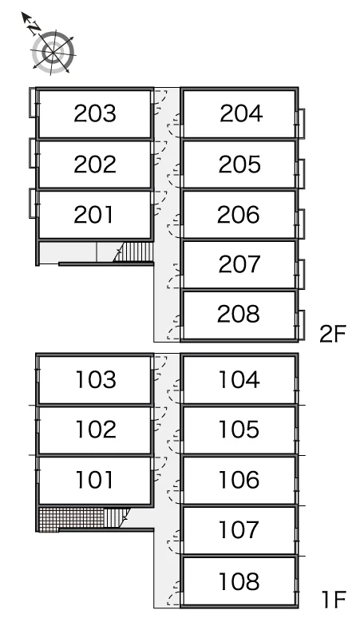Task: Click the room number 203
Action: (95, 113)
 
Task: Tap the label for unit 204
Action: (241, 113)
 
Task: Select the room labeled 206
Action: (239, 215)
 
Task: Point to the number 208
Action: (239, 314)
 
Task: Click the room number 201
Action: (93, 215)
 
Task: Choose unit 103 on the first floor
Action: (96, 379)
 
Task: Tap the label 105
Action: (239, 430)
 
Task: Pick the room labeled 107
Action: (239, 529)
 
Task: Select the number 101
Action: (94, 480)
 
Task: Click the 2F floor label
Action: (332, 335)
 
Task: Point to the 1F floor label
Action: (334, 600)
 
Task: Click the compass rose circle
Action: (53, 52)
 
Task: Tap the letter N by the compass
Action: (34, 27)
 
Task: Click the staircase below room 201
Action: (133, 252)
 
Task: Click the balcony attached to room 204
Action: (301, 124)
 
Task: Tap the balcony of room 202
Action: (32, 153)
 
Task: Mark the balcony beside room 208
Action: (301, 325)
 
